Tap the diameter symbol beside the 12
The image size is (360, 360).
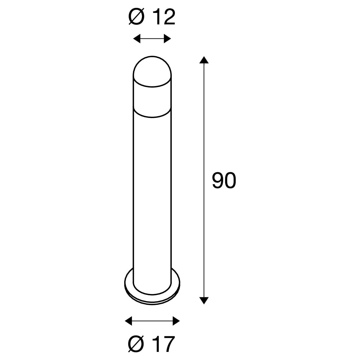pyautogui.click(x=136, y=17)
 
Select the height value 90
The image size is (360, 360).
pyautogui.click(x=224, y=181)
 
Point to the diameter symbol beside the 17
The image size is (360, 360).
pyautogui.click(x=136, y=344)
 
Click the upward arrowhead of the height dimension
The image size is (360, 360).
pyautogui.click(x=204, y=60)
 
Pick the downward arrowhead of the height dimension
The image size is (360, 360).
pyautogui.click(x=204, y=300)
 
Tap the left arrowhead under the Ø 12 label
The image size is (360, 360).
pyautogui.click(x=137, y=39)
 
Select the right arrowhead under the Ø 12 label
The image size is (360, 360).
pyautogui.click(x=167, y=39)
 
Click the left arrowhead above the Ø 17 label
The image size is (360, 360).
pyautogui.click(x=128, y=321)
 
